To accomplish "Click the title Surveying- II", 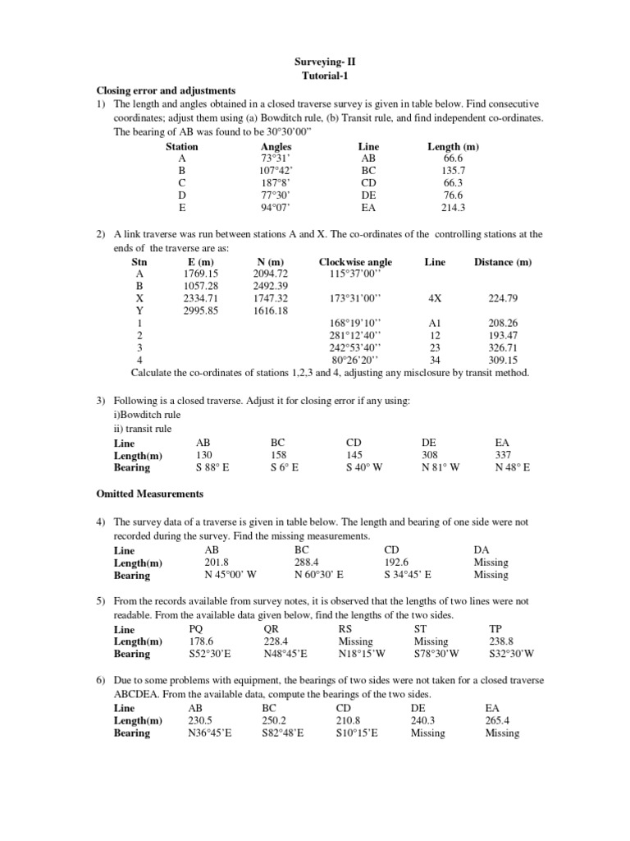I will (x=326, y=62).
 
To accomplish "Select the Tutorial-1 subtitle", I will (x=326, y=76).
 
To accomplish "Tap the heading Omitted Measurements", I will (x=150, y=494).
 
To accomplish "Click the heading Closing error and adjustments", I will (x=167, y=90).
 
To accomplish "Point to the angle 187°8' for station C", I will (x=276, y=183).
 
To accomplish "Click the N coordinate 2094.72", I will (x=271, y=273).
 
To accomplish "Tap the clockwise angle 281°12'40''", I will (x=355, y=336).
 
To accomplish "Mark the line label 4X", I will (x=435, y=298).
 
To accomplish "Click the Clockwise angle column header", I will (x=355, y=262).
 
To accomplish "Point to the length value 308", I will (x=430, y=455).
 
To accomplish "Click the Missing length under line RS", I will (x=355, y=641).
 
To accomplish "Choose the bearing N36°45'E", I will (x=210, y=733).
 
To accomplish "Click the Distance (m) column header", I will (x=503, y=262).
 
